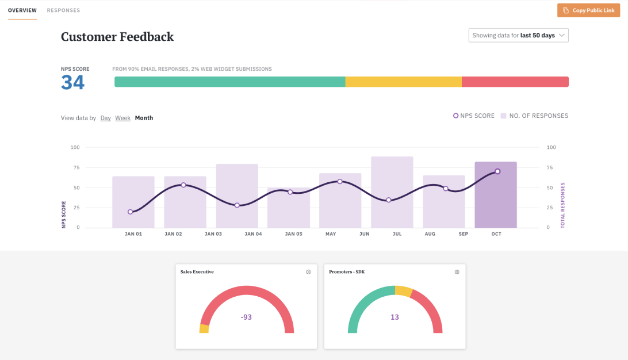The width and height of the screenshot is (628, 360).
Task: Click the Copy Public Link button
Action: pyautogui.click(x=589, y=10)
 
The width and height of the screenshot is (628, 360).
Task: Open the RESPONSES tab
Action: pyautogui.click(x=63, y=10)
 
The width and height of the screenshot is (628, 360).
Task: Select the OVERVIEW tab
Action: pyautogui.click(x=22, y=10)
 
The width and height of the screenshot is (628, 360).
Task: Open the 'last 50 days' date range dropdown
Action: pyautogui.click(x=518, y=36)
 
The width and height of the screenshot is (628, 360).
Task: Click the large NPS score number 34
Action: pyautogui.click(x=73, y=83)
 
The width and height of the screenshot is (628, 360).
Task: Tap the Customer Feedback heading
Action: pyautogui.click(x=117, y=37)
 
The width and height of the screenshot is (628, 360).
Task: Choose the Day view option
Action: pyautogui.click(x=105, y=118)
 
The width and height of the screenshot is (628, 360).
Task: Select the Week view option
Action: pyautogui.click(x=122, y=118)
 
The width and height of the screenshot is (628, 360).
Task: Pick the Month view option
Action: pyautogui.click(x=144, y=118)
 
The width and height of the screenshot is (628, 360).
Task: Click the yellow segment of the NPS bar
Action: pyautogui.click(x=403, y=82)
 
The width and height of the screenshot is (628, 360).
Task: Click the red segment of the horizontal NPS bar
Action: pyautogui.click(x=515, y=82)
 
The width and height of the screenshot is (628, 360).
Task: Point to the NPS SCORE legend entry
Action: pyautogui.click(x=474, y=116)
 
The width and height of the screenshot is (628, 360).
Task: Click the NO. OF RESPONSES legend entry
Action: pyautogui.click(x=534, y=116)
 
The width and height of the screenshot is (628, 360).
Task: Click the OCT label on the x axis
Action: pyautogui.click(x=496, y=234)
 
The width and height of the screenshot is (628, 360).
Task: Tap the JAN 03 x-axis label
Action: pyautogui.click(x=213, y=234)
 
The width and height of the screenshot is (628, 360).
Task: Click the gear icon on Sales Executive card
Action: pyautogui.click(x=308, y=272)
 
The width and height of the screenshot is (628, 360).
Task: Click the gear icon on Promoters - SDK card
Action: pyautogui.click(x=457, y=272)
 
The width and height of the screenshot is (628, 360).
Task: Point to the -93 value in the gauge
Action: pyautogui.click(x=246, y=317)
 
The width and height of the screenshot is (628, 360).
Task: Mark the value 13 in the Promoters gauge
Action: pyautogui.click(x=395, y=317)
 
